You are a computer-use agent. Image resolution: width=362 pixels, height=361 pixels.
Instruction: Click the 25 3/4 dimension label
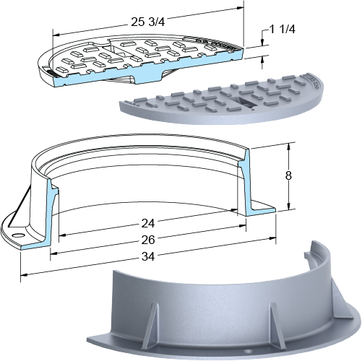[148, 22]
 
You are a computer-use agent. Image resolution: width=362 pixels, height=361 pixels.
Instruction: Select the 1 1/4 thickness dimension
[283, 30]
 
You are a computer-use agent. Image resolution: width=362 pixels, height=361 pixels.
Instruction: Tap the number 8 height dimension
[288, 176]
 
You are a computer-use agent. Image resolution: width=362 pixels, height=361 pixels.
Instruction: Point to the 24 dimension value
[147, 224]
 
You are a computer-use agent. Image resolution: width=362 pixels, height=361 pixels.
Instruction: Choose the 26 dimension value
[148, 240]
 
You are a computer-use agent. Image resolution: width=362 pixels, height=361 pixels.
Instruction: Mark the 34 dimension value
[148, 257]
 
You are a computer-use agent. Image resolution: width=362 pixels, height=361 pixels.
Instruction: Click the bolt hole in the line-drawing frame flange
[17, 235]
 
